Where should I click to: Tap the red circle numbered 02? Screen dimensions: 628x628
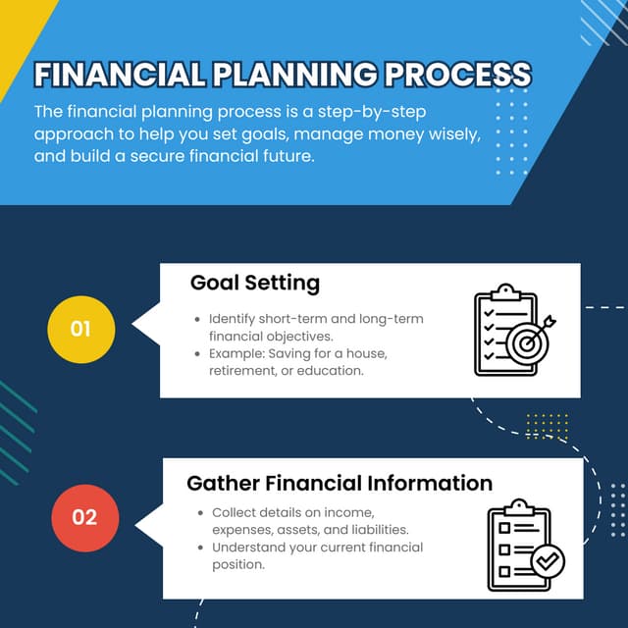point(84,516)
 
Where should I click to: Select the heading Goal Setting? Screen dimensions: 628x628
point(255,284)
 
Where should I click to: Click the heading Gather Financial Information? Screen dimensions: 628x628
point(340,483)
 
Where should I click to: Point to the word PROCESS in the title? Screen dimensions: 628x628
point(457,76)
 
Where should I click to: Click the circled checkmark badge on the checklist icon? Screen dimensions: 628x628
point(547,561)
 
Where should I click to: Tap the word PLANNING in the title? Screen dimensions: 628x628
point(291,76)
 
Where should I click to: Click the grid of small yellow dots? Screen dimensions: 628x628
point(547,425)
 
